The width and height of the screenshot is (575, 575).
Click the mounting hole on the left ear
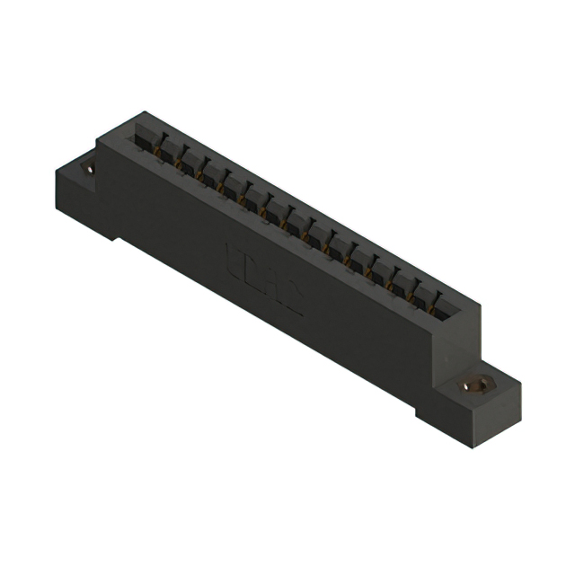tap(90, 167)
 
